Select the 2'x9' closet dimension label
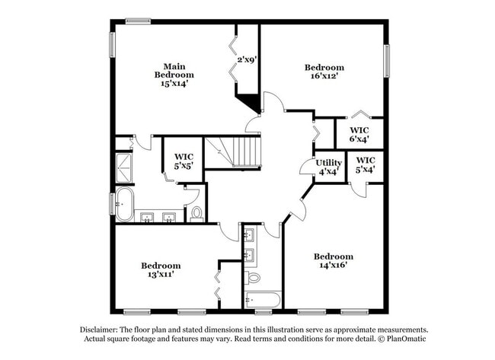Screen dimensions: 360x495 click(x=247, y=59)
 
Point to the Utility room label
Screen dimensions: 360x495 click(x=329, y=162)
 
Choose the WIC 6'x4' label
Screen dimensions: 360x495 click(x=359, y=134)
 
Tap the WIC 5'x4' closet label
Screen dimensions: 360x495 click(x=366, y=165)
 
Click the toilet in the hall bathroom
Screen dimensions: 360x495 click(x=253, y=277)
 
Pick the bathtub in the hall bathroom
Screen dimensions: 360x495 click(x=263, y=298)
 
